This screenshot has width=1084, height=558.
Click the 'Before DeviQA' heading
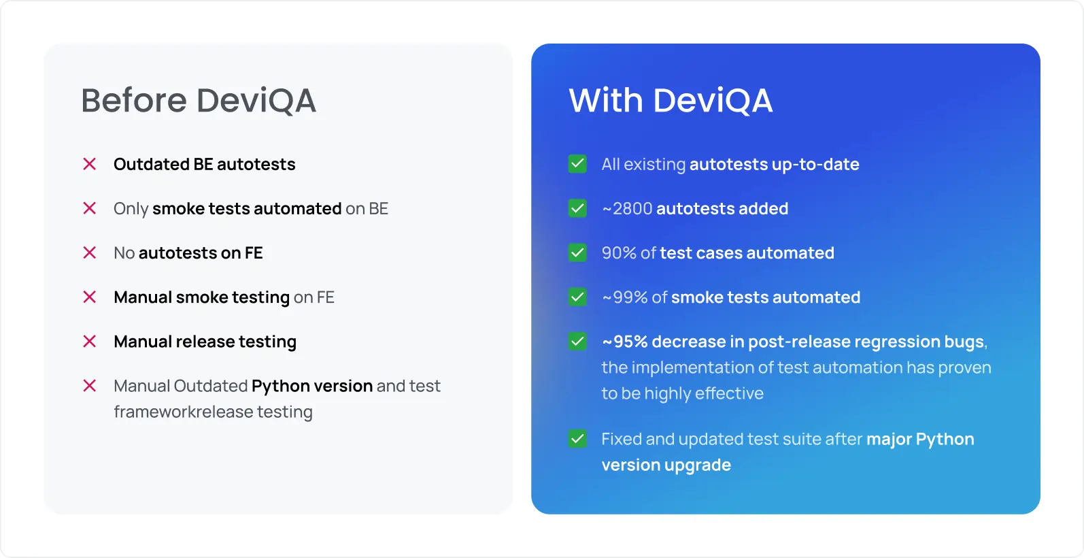pyautogui.click(x=198, y=101)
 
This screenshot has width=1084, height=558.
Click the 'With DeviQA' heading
pyautogui.click(x=670, y=101)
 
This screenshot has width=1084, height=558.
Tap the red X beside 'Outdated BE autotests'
pyautogui.click(x=90, y=164)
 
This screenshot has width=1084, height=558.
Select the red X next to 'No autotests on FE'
pyautogui.click(x=90, y=252)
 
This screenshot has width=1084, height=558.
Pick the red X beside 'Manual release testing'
pyautogui.click(x=90, y=341)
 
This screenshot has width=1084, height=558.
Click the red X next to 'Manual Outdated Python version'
pyautogui.click(x=90, y=386)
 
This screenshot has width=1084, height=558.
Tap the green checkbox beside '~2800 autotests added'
pyautogui.click(x=577, y=208)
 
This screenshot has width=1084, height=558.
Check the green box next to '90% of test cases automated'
pyautogui.click(x=577, y=252)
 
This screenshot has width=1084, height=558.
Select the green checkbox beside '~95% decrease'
pyautogui.click(x=577, y=341)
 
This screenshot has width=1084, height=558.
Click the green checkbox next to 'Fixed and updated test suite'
pyautogui.click(x=577, y=439)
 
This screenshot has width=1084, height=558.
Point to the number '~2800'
pyautogui.click(x=627, y=209)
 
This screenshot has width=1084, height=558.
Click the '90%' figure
pyautogui.click(x=619, y=253)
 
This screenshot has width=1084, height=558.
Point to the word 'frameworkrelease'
pyautogui.click(x=183, y=412)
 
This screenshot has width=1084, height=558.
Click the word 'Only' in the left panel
pyautogui.click(x=131, y=209)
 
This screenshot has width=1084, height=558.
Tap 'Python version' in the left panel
pyautogui.click(x=311, y=387)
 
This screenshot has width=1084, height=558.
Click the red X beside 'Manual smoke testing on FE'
pyautogui.click(x=90, y=297)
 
